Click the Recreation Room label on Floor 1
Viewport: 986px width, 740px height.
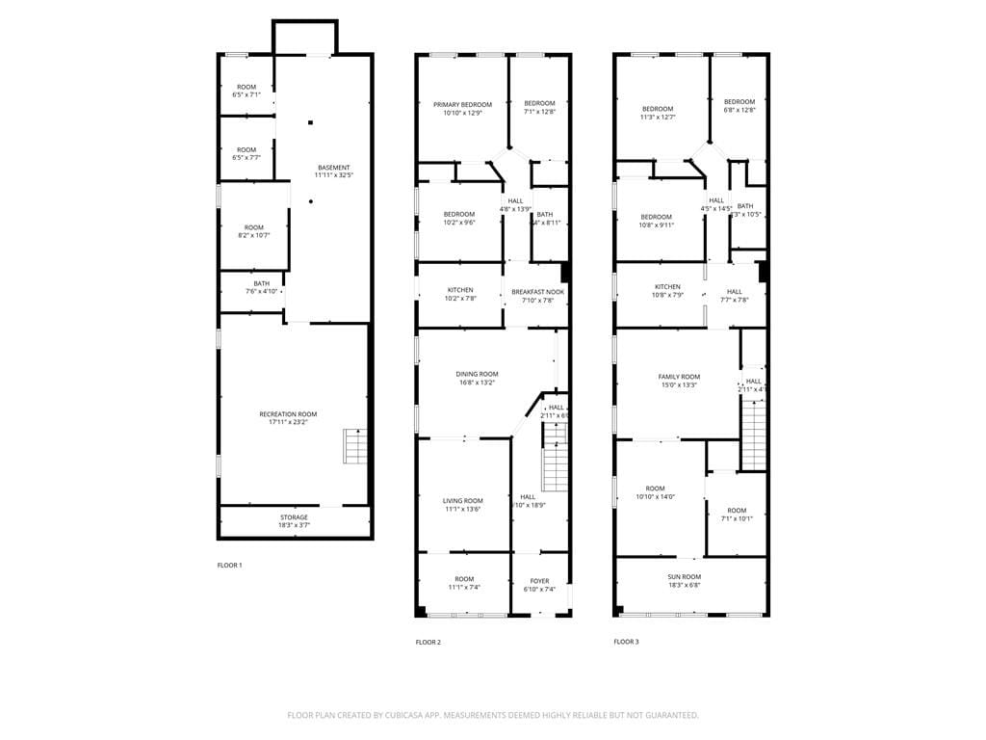coord(288,418)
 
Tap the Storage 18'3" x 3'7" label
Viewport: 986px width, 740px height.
coord(294,521)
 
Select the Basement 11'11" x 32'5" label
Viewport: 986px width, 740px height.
coord(334,172)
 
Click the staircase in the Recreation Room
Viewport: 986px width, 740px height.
coord(355,447)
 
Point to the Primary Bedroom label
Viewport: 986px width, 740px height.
coord(462,109)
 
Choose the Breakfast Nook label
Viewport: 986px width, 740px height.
coord(537,296)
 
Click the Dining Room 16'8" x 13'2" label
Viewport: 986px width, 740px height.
coord(477,378)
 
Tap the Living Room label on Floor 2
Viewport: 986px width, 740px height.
coord(463,505)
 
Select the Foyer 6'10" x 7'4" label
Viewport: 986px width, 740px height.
coord(539,585)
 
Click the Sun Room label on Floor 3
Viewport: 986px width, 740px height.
coord(685,580)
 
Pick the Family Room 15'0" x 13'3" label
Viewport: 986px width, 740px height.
coord(679,381)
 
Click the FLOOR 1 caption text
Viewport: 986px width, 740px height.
coord(229,566)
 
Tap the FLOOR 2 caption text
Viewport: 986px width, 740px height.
coord(428,642)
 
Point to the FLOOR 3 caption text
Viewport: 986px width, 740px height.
coord(626,642)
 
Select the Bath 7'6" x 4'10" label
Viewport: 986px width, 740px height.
coord(262,287)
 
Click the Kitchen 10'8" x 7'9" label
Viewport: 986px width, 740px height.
coord(667,291)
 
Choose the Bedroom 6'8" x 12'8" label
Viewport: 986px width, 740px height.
coord(739,106)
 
